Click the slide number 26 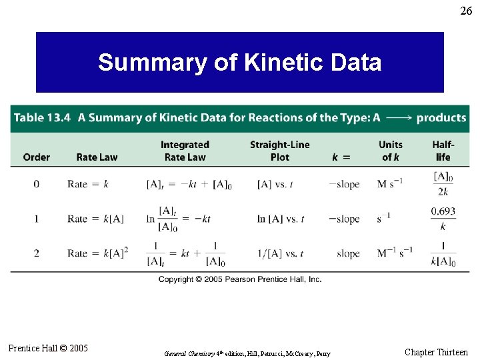click(466, 11)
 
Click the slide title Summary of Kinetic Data click(239, 63)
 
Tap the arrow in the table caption click(398, 118)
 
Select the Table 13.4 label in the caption click(43, 118)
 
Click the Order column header click(36, 157)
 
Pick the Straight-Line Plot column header click(279, 151)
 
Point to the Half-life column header click(443, 151)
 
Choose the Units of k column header click(391, 151)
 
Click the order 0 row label click(36, 184)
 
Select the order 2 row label click(36, 253)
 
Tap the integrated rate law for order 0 click(189, 185)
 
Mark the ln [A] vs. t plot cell click(280, 219)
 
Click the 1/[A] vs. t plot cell click(280, 253)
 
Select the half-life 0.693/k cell click(443, 218)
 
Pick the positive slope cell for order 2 click(348, 253)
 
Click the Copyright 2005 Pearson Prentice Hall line click(240, 279)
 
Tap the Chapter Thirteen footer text click(436, 352)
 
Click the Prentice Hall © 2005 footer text click(47, 348)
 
